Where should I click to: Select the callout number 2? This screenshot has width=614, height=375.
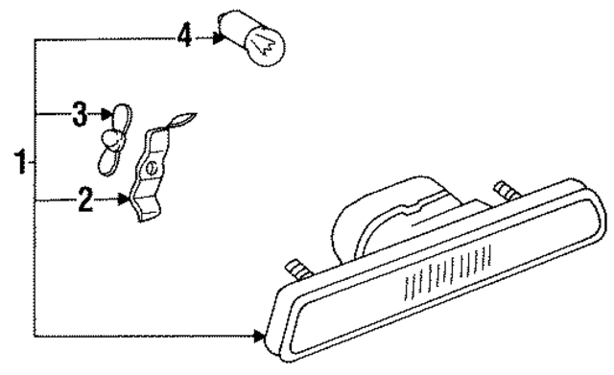click(84, 200)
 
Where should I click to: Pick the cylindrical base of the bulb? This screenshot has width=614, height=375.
click(231, 26)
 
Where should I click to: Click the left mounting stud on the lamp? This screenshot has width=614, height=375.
click(297, 265)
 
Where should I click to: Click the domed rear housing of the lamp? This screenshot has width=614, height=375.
click(384, 216)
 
